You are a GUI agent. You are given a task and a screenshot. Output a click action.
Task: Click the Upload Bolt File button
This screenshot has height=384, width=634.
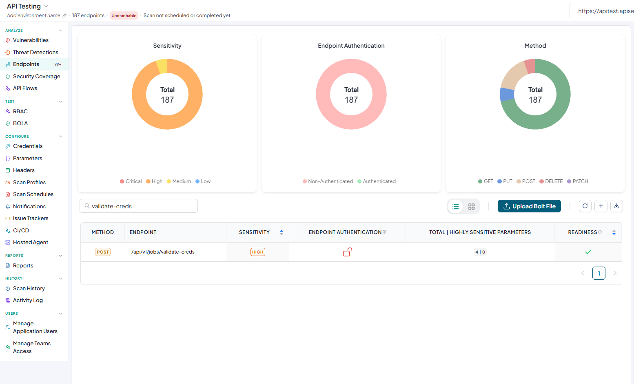point(529,206)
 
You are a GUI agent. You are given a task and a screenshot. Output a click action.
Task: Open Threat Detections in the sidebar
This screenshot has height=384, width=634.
point(35,52)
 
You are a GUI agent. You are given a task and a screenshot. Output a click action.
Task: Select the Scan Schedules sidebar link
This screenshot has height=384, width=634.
point(33,194)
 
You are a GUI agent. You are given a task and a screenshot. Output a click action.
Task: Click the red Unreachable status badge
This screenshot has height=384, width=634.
point(124,15)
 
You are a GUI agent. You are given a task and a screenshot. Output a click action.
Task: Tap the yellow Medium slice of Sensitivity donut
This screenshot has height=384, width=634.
point(162,66)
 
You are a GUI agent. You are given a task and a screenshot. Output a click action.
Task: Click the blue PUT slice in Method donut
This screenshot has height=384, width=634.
point(507,94)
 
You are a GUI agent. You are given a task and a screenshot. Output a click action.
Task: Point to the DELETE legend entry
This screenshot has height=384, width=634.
point(551,181)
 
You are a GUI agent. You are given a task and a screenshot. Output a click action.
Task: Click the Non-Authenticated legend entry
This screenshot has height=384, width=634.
point(328,181)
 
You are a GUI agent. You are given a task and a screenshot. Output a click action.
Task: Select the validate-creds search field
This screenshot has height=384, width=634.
point(139,206)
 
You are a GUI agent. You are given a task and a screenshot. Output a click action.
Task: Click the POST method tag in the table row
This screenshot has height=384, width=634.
point(103,252)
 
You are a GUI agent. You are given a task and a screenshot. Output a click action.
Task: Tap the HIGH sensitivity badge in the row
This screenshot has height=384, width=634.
point(257,252)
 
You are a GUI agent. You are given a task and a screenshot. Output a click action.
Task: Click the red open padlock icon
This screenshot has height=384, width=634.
point(347,252)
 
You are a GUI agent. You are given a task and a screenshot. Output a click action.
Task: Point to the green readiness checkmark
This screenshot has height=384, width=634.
point(588,252)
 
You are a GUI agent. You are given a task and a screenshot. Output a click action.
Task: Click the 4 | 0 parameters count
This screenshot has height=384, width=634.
point(480,252)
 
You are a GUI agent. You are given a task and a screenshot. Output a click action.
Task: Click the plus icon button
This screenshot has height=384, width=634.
point(601,206)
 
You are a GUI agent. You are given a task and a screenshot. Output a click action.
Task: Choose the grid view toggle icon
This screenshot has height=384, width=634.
point(471,206)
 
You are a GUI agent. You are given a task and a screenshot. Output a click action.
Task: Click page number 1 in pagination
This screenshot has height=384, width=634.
point(599,273)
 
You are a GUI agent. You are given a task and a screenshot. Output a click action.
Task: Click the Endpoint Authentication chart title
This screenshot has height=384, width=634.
point(351,46)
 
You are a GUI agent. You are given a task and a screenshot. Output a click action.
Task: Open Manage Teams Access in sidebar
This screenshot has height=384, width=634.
point(32,347)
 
